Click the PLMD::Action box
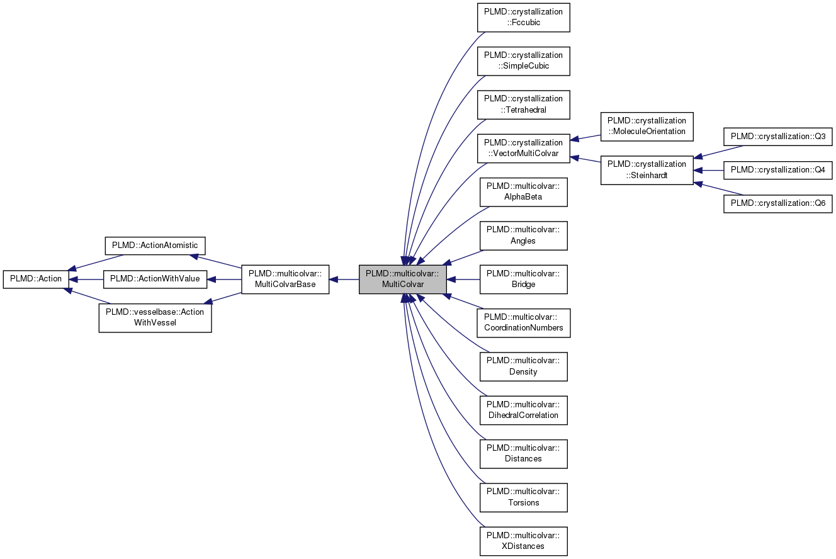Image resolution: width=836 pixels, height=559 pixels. point(35,279)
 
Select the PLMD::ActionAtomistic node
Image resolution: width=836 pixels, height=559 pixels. point(154,246)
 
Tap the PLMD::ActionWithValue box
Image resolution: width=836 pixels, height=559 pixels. point(154,279)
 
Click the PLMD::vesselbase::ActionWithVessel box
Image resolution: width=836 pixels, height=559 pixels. point(155,317)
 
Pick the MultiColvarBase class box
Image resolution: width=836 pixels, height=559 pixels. point(285,279)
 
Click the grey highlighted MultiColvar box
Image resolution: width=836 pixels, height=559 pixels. point(403,279)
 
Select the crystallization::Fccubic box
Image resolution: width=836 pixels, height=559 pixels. point(523,18)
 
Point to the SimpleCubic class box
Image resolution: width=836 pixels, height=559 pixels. point(523,61)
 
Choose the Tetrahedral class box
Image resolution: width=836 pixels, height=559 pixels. point(523,104)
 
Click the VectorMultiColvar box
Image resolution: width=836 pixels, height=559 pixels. point(523,148)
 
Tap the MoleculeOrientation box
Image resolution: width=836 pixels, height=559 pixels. point(647,127)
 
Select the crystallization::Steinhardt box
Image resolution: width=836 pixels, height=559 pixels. point(647,170)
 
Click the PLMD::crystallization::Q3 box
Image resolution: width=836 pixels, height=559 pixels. point(777,137)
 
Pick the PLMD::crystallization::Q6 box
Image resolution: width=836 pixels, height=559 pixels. point(777,204)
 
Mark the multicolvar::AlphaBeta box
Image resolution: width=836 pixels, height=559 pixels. point(523,192)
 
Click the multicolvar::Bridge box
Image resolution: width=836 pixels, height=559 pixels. point(523,279)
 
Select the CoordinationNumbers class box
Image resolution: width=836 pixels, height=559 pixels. point(523,323)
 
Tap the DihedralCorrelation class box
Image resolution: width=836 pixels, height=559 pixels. point(523,410)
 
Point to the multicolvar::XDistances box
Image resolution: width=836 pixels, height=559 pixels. point(523,541)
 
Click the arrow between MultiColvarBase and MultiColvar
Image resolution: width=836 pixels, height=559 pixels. point(344,279)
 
